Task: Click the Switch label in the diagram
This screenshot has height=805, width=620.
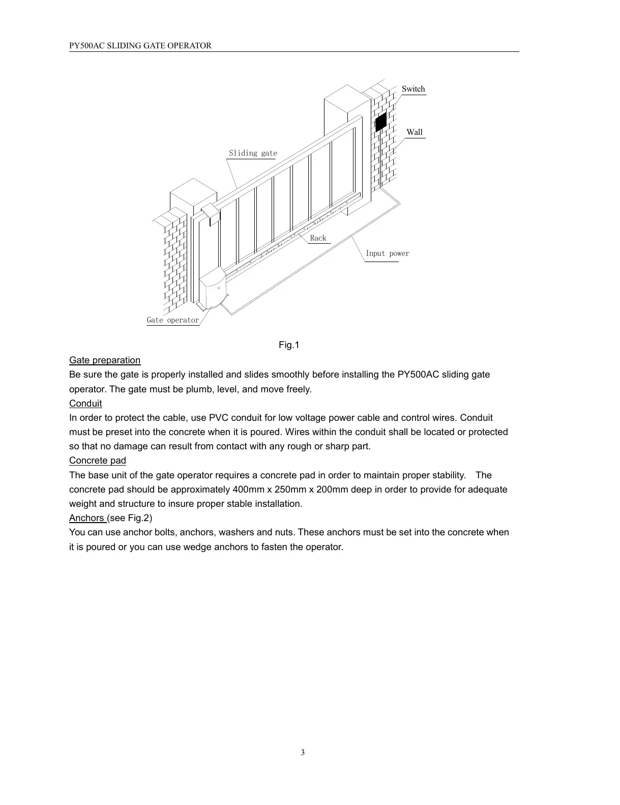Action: coord(413,89)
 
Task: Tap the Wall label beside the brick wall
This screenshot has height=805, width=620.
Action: coord(415,132)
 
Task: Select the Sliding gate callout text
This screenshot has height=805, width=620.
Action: coord(253,153)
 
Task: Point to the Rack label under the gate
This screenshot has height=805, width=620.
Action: coord(318,238)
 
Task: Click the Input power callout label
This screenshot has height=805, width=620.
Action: coord(387,253)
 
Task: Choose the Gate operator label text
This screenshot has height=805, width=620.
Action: coord(173,320)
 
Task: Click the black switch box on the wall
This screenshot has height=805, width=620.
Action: coord(381,122)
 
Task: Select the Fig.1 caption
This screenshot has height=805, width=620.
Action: coord(289,346)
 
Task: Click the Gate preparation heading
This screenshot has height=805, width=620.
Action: coord(105,360)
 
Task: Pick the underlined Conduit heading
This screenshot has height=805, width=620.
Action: coord(85,404)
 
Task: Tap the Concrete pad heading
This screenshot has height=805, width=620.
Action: coord(98,461)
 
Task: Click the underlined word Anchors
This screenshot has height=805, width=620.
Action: coord(87,518)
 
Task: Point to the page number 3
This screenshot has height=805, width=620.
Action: coord(303,753)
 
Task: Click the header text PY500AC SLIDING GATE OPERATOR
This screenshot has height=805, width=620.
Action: coord(140,46)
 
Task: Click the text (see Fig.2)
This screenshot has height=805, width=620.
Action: coord(130,518)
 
